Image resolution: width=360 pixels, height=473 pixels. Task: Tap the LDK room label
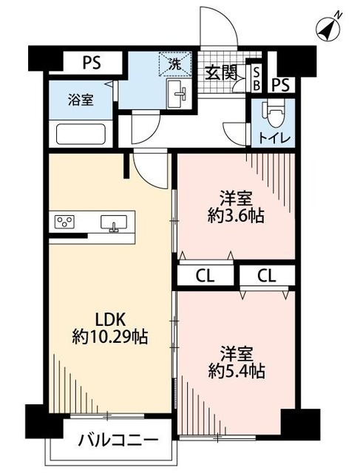[112, 319]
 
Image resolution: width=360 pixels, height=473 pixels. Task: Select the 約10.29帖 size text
[112, 338]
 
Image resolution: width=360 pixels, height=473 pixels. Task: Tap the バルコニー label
[118, 441]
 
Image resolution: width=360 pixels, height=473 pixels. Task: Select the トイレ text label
[276, 138]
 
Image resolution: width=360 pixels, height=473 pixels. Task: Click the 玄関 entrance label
[220, 72]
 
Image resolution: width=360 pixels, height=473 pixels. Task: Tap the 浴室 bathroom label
[81, 100]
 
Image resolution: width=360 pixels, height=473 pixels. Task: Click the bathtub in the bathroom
[81, 134]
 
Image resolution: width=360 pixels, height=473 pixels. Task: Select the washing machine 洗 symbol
[176, 64]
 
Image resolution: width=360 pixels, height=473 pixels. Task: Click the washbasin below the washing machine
[177, 95]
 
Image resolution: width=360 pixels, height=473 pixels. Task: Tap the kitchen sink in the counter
[114, 222]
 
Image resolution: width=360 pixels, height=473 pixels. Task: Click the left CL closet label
[205, 276]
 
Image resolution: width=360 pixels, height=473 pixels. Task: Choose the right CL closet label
[267, 276]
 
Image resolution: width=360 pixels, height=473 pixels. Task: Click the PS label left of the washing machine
[91, 62]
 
